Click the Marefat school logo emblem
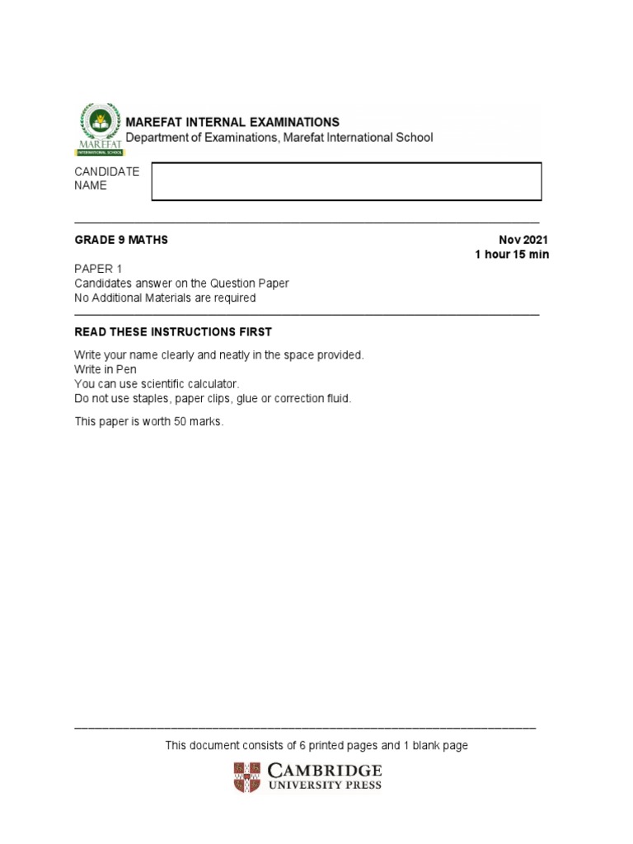tap(99, 128)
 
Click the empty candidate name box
tap(346, 181)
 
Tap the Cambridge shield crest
tap(246, 777)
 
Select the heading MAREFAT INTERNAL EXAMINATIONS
tap(232, 122)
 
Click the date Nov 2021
tap(523, 240)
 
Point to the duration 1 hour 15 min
tap(511, 255)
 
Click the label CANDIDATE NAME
tap(107, 178)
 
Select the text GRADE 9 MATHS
tap(121, 240)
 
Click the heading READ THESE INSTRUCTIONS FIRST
tap(173, 332)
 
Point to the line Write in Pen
tap(105, 369)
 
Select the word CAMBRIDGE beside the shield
tap(325, 771)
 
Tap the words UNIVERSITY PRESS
tap(325, 785)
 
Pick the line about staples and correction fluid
tap(213, 399)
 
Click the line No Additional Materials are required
tap(165, 298)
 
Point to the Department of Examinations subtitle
tap(279, 138)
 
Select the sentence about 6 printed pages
tap(316, 745)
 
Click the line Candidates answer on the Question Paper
tap(181, 284)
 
